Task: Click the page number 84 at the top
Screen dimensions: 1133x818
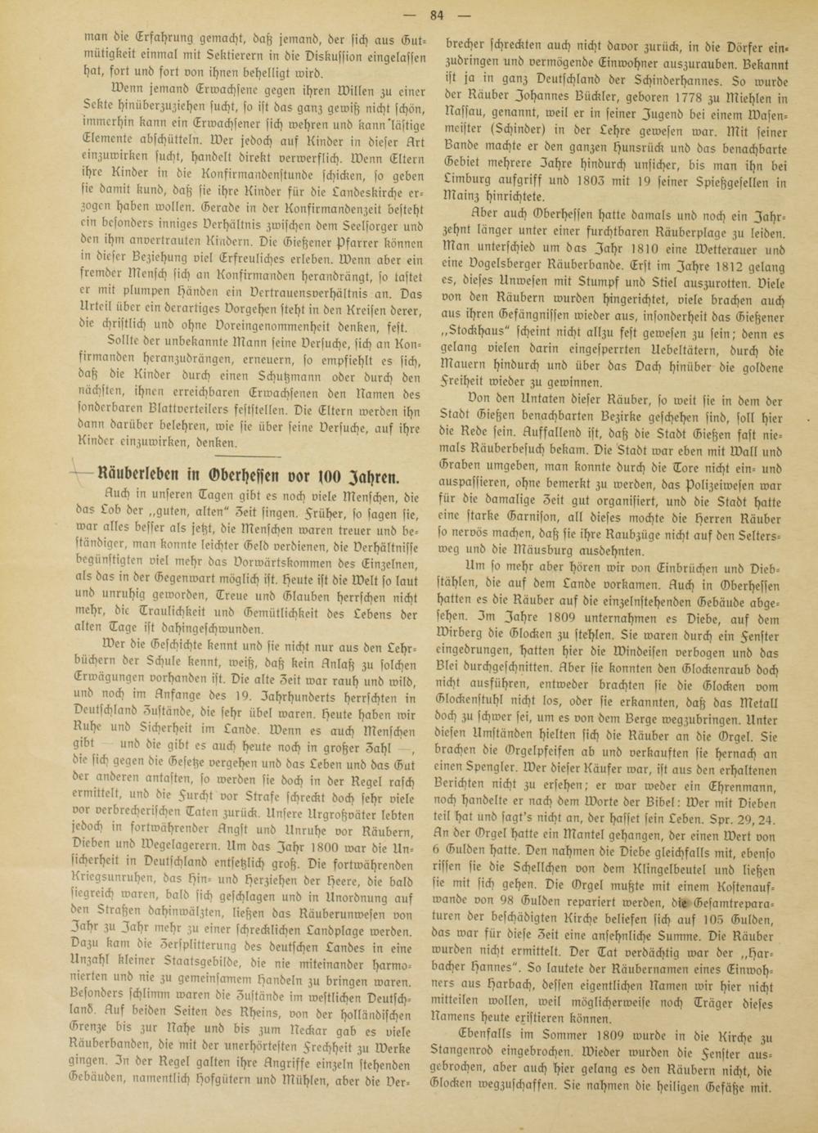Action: point(436,14)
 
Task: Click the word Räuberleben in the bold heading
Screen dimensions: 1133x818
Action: point(136,476)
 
